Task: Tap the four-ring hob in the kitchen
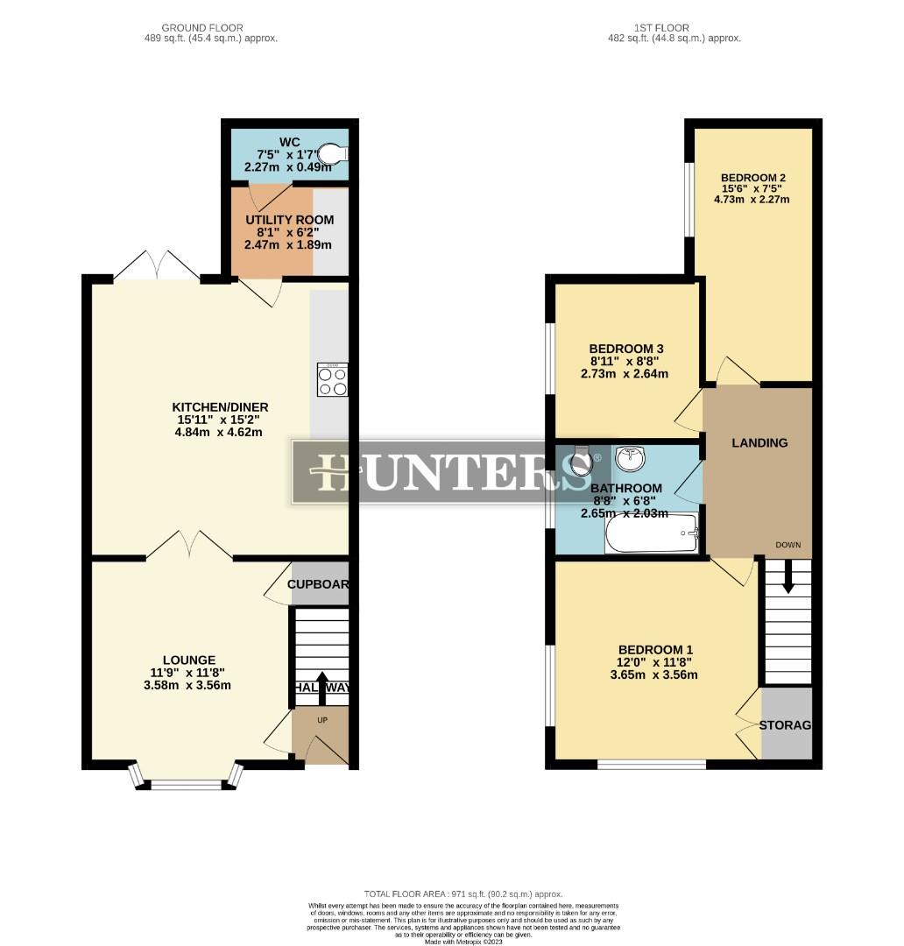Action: point(332,380)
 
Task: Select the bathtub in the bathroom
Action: point(651,533)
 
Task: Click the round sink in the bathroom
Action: point(629,458)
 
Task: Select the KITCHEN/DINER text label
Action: point(220,407)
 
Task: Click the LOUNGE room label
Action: point(188,660)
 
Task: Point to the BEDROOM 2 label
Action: point(753,177)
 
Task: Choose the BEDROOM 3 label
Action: point(625,348)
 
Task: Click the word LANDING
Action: point(759,443)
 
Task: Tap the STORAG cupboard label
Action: point(786,724)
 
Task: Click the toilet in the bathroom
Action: point(579,462)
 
